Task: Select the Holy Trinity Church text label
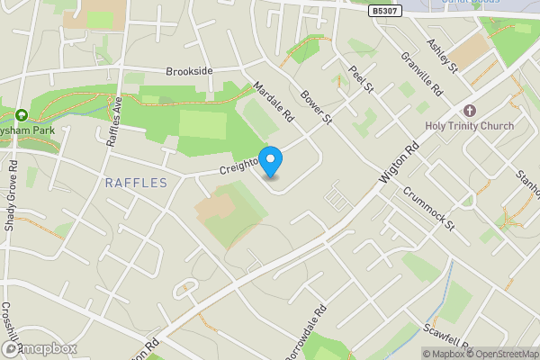coord(470,126)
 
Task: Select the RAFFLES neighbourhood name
coord(136,183)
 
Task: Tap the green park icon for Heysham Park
coord(21,115)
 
